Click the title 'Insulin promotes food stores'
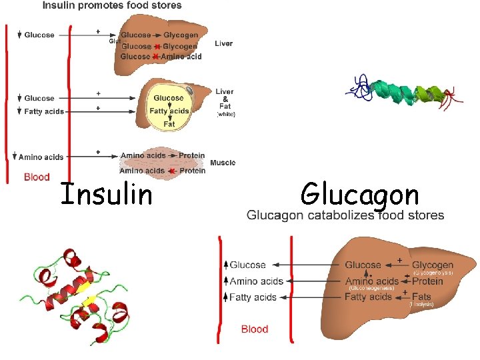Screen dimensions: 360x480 point(112,5)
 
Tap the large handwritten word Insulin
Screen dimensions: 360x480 point(106,195)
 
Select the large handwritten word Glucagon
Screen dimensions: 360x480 point(359,195)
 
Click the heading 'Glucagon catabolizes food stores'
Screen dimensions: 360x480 point(345,215)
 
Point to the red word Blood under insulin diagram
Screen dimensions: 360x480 point(37,177)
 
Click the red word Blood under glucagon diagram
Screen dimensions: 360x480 point(255,329)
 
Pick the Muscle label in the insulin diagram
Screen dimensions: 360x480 point(223,163)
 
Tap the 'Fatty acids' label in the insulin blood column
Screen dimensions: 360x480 point(44,111)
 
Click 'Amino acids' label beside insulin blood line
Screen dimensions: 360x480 point(41,157)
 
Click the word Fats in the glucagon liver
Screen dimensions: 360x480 point(421,297)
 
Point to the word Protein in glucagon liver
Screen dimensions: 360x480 point(427,281)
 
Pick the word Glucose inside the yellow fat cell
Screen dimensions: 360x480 point(169,98)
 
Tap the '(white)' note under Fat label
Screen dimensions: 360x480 point(225,115)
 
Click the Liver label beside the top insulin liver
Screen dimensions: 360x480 point(223,43)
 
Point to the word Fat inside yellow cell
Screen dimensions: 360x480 point(169,124)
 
